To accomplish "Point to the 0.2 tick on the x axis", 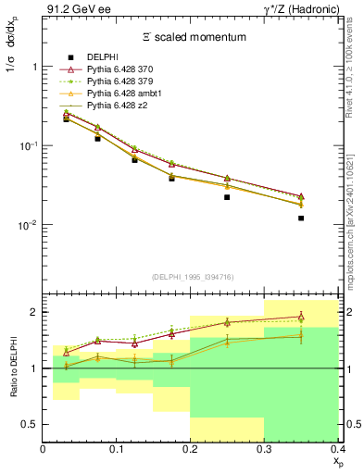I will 191,450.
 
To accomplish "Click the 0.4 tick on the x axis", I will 337,450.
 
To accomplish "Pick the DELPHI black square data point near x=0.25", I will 227,197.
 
